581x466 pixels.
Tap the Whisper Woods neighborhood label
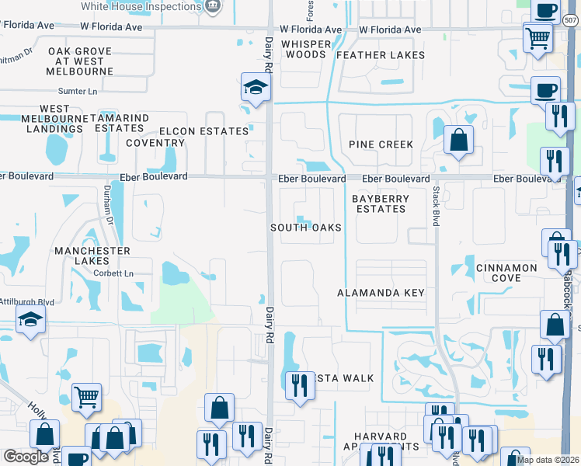click(306, 49)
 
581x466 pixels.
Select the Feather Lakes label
click(381, 55)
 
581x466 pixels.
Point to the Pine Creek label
click(381, 144)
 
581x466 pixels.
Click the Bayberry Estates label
click(380, 203)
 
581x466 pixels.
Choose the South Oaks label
click(306, 228)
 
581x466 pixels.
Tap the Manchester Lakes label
click(92, 256)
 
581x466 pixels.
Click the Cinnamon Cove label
click(506, 273)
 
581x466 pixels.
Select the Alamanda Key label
click(381, 293)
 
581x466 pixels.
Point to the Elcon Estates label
click(204, 131)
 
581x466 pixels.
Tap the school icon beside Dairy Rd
click(256, 89)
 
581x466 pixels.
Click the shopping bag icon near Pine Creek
click(459, 141)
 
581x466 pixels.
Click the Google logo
click(26, 457)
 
